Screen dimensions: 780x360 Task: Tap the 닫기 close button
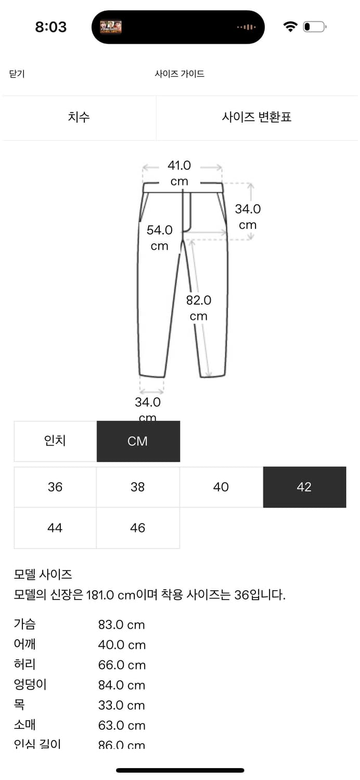[x=17, y=74]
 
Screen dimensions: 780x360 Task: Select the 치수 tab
[x=79, y=117]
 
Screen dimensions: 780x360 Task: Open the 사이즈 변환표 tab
[x=256, y=117]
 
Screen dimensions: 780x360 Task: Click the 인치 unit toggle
[x=55, y=441]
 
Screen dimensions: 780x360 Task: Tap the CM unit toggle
[x=138, y=441]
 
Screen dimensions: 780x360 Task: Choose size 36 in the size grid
[x=55, y=487]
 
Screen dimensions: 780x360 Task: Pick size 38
[x=138, y=487]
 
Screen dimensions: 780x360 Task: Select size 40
[x=221, y=487]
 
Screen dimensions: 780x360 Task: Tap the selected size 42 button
[x=304, y=487]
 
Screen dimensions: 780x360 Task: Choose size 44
[x=55, y=528]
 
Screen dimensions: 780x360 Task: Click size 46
[x=138, y=528]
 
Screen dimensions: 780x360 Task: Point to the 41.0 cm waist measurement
[x=179, y=173]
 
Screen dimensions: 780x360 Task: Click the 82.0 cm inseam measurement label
[x=199, y=308]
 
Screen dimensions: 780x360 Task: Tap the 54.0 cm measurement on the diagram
[x=159, y=238]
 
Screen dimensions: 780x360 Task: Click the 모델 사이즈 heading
[x=43, y=575]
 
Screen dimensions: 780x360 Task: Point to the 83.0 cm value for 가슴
[x=121, y=625]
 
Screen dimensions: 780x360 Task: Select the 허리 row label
[x=24, y=664]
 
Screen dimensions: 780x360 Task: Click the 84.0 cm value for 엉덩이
[x=121, y=685]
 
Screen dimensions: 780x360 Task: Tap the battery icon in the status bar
[x=314, y=27]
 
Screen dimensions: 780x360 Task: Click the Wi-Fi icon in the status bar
[x=290, y=27]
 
